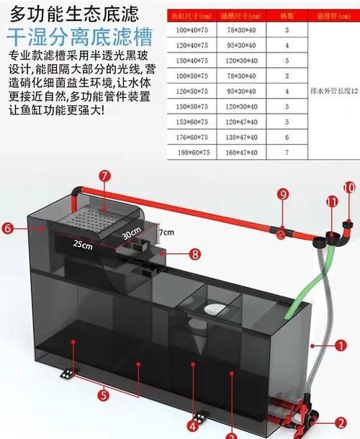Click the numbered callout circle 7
[x=105, y=175]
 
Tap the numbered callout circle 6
[x=9, y=228]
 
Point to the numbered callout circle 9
[x=283, y=194]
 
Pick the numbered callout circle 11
[x=331, y=204]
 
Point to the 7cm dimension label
[x=167, y=232]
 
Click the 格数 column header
[x=287, y=14]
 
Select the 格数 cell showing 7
[x=287, y=153]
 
